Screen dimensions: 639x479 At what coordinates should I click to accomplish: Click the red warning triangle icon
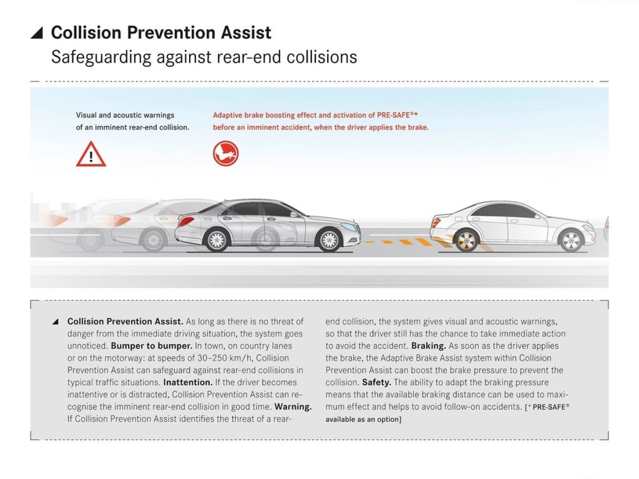point(91,154)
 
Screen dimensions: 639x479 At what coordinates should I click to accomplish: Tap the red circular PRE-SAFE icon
point(226,153)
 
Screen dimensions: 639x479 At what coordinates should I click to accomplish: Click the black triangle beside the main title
point(37,33)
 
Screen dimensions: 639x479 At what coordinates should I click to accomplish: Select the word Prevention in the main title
point(172,32)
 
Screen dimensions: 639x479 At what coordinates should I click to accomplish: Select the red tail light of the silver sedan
point(186,221)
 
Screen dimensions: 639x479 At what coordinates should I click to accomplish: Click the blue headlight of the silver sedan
point(348,227)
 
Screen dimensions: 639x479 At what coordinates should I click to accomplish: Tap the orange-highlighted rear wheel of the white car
point(466,241)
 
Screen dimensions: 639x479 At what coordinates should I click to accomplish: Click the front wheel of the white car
point(571,241)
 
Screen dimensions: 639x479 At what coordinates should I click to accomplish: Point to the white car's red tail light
point(436,223)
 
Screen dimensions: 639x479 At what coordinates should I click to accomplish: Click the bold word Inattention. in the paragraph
point(188,382)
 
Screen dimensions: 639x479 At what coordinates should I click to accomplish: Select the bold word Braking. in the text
point(429,346)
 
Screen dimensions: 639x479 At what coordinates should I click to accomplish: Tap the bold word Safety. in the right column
point(376,382)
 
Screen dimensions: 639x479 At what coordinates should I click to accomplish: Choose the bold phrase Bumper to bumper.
point(152,346)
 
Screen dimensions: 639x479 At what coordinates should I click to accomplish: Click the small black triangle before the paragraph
point(55,321)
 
